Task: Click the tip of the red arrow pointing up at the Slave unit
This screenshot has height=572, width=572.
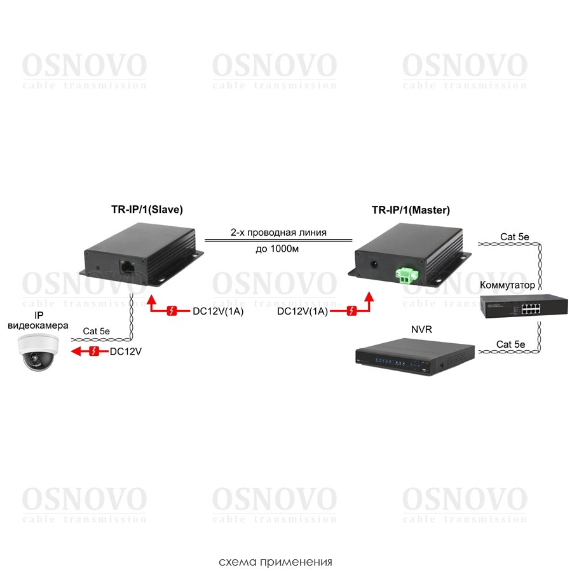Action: point(151,296)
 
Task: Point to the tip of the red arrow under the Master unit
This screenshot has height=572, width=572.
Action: point(369,292)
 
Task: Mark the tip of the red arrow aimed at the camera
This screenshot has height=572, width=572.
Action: point(71,351)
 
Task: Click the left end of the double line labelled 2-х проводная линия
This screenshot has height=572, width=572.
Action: point(205,240)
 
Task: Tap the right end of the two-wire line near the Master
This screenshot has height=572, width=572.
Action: point(352,240)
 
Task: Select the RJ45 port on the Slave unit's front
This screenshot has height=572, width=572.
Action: point(127,265)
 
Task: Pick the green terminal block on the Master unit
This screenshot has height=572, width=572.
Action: point(407,275)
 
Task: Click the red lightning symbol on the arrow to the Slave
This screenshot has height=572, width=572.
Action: point(172,311)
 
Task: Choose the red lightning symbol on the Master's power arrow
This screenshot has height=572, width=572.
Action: point(351,311)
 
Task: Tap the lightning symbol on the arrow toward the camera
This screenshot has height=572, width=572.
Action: point(94,351)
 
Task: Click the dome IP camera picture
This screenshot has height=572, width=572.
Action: point(38,352)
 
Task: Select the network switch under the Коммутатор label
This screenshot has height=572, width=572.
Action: point(524,306)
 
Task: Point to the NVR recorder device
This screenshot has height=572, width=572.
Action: point(415,357)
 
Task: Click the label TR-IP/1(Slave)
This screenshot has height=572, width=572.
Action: point(147,209)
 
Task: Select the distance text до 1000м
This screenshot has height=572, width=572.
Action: point(277,249)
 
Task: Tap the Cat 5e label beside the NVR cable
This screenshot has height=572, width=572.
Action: point(511,344)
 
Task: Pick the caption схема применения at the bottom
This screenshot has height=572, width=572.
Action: point(275,562)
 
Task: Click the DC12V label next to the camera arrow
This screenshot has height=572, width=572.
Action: point(125,351)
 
